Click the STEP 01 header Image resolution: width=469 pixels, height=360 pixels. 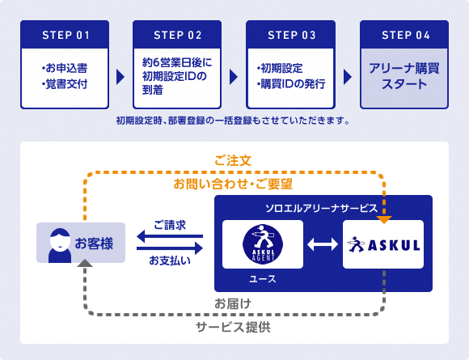65,35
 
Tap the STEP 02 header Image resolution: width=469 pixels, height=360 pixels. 177,35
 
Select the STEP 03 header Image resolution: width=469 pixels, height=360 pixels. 291,35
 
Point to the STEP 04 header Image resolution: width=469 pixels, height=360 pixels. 404,35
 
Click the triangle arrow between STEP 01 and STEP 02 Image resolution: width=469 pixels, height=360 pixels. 120,77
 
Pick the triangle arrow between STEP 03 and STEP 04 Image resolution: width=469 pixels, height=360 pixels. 348,77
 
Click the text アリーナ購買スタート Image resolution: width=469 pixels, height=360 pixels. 404,76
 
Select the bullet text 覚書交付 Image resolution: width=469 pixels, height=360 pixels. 65,84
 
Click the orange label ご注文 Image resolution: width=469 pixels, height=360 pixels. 233,161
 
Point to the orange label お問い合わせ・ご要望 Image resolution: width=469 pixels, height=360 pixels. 233,184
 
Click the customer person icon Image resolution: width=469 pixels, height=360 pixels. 60,245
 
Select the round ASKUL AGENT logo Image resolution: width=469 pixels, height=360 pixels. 263,244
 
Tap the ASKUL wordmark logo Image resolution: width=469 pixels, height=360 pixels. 383,244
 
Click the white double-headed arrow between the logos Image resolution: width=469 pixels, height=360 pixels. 323,244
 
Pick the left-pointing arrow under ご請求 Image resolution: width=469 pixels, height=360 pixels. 170,236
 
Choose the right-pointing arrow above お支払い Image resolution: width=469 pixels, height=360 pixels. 170,248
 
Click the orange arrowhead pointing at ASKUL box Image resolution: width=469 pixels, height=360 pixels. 384,220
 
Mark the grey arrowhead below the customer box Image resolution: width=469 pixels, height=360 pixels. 85,263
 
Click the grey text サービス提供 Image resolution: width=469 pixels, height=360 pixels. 233,327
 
